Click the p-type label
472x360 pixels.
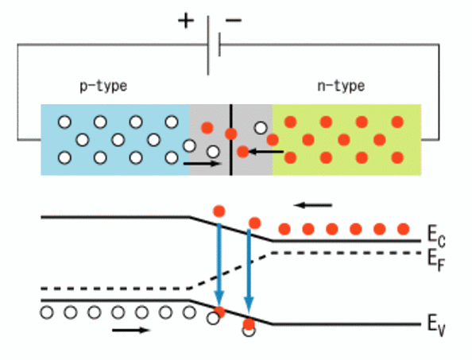(103, 87)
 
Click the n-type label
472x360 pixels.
(341, 87)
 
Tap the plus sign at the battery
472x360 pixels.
(186, 21)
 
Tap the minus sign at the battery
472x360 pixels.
(234, 21)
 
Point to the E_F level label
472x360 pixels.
(436, 260)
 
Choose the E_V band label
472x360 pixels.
(436, 326)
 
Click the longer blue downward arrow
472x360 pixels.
(219, 265)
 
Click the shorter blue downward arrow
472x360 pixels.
(249, 271)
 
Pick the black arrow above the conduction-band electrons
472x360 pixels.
(313, 205)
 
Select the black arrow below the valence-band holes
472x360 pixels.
(131, 331)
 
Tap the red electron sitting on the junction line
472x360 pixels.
(231, 134)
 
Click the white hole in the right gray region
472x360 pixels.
(261, 128)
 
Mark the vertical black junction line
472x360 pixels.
(231, 140)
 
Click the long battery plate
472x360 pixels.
(208, 45)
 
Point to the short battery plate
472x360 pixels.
(219, 45)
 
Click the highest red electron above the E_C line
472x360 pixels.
(219, 211)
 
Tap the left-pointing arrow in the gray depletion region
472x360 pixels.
(265, 152)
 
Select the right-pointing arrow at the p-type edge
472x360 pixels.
(203, 164)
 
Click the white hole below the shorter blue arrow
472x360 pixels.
(249, 331)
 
